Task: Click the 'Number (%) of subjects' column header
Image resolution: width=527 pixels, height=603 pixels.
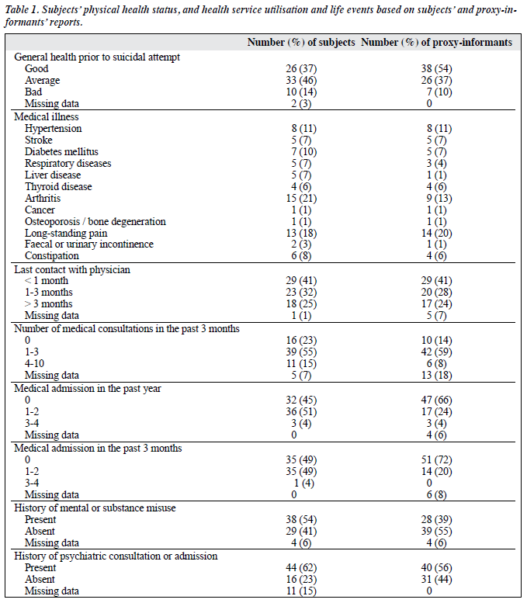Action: pyautogui.click(x=301, y=43)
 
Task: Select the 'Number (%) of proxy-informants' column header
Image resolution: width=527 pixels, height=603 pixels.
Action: pyautogui.click(x=437, y=43)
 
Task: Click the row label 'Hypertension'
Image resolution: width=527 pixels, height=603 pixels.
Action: pyautogui.click(x=53, y=129)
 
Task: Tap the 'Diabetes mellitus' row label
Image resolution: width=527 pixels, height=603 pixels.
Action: pyautogui.click(x=61, y=152)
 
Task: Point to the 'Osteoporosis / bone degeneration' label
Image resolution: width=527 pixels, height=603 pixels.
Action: pyautogui.click(x=95, y=222)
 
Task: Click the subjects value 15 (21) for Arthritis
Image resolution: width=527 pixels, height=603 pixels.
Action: pyautogui.click(x=301, y=199)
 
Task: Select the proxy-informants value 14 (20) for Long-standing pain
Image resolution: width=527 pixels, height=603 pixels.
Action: pyautogui.click(x=437, y=234)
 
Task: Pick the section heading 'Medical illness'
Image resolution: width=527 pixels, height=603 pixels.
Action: pyautogui.click(x=46, y=117)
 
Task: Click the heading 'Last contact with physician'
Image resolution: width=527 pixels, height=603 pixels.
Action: pyautogui.click(x=72, y=269)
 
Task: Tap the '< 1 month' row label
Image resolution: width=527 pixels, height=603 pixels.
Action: pyautogui.click(x=47, y=281)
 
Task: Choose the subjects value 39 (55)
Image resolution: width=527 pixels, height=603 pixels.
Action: pyautogui.click(x=301, y=352)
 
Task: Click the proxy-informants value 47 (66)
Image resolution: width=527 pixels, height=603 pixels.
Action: pyautogui.click(x=437, y=400)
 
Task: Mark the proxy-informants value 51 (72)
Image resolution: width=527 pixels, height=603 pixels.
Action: pyautogui.click(x=437, y=460)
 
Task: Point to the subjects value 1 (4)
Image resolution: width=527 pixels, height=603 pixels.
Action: pyautogui.click(x=304, y=483)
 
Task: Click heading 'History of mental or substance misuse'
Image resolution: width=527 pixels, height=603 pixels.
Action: pyautogui.click(x=95, y=508)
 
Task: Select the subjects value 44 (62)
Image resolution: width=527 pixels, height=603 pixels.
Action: pyautogui.click(x=301, y=568)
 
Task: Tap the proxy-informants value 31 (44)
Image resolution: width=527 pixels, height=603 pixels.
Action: pyautogui.click(x=437, y=580)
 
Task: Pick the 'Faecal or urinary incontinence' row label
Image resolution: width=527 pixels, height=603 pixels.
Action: pyautogui.click(x=89, y=244)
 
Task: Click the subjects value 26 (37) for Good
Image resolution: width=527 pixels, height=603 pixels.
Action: pyautogui.click(x=301, y=69)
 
